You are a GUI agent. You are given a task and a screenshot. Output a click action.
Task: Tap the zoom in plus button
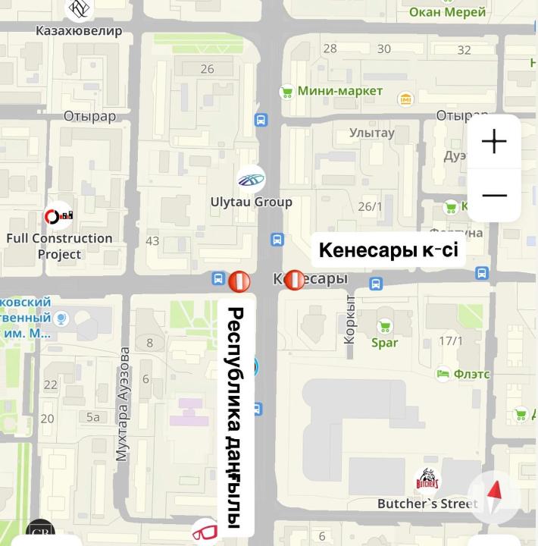coord(494,142)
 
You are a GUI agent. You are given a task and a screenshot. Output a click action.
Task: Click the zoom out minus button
coord(494,196)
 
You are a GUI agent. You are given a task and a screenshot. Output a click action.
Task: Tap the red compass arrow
coord(495,498)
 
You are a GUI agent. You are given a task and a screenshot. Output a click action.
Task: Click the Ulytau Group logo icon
coord(251,180)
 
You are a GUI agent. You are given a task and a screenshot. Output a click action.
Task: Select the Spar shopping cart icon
coord(385,326)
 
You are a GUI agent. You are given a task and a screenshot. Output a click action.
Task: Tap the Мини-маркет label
coord(339,92)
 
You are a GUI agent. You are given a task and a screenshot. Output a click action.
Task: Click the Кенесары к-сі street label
coord(388,250)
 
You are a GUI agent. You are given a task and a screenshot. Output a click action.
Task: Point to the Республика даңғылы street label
coord(235,418)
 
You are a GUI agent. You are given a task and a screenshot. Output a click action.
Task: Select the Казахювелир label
coord(79,31)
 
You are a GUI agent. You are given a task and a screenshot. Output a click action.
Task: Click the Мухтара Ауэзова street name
coord(123,405)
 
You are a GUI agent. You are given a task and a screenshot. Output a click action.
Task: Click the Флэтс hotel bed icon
coord(443,374)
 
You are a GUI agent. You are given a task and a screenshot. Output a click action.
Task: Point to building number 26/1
coord(371,206)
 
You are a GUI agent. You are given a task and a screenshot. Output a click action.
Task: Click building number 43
coord(152,241)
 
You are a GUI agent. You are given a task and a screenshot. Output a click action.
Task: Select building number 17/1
coord(450,341)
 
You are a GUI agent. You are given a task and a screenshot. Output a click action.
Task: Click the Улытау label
coord(372,133)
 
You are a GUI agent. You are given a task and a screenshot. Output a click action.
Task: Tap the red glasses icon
coord(205,532)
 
